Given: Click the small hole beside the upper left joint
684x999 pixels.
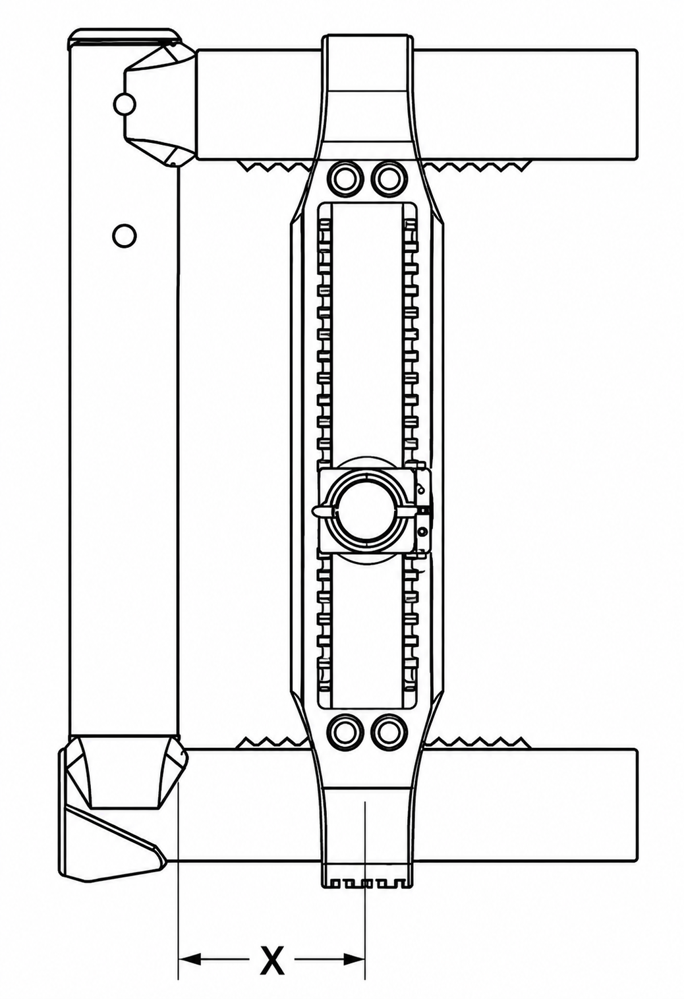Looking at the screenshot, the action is click(x=125, y=104).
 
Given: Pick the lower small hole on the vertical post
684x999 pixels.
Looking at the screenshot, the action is click(x=124, y=235).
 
